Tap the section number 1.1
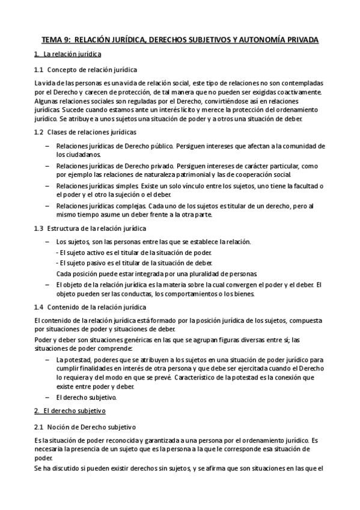pyautogui.click(x=39, y=69)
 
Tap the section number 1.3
pyautogui.click(x=39, y=228)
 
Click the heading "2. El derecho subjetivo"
pyautogui.click(x=70, y=411)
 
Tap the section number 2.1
pyautogui.click(x=39, y=426)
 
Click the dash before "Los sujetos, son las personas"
pyautogui.click(x=48, y=242)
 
